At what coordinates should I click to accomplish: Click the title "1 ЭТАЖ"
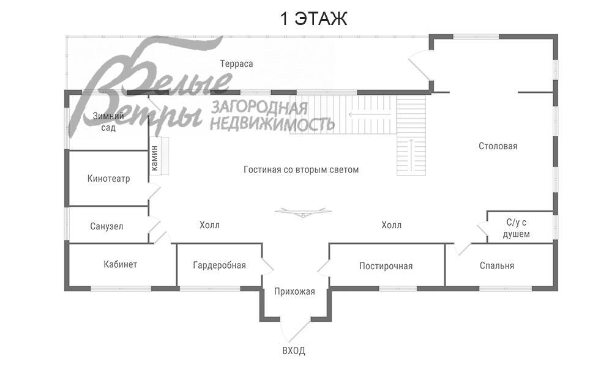click(313, 19)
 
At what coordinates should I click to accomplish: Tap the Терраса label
click(236, 64)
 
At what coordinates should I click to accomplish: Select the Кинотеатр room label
click(108, 179)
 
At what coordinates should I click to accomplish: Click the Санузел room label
click(106, 226)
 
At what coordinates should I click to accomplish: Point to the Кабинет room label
click(120, 264)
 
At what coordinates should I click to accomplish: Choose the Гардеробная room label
click(219, 265)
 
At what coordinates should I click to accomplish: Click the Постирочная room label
click(386, 266)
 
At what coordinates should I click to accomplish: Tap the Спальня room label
click(497, 265)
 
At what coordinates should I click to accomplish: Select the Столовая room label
click(498, 146)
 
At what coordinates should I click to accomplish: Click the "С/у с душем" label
click(517, 228)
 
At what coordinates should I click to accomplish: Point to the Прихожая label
click(294, 292)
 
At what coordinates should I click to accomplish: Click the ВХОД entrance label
click(294, 350)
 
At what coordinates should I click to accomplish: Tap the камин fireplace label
click(155, 158)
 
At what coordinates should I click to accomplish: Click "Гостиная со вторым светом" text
click(301, 169)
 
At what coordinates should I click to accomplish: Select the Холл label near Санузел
click(209, 225)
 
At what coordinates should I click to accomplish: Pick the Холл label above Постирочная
click(392, 225)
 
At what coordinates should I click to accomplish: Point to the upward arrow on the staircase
click(411, 154)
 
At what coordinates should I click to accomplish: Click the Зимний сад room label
click(108, 122)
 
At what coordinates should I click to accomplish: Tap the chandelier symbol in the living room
click(303, 212)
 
